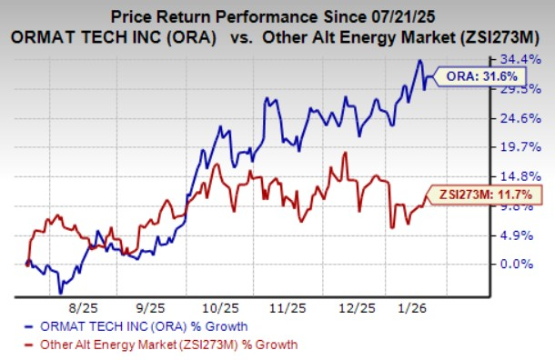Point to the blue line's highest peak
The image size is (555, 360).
(x=419, y=61)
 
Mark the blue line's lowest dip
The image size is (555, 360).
(x=61, y=293)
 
